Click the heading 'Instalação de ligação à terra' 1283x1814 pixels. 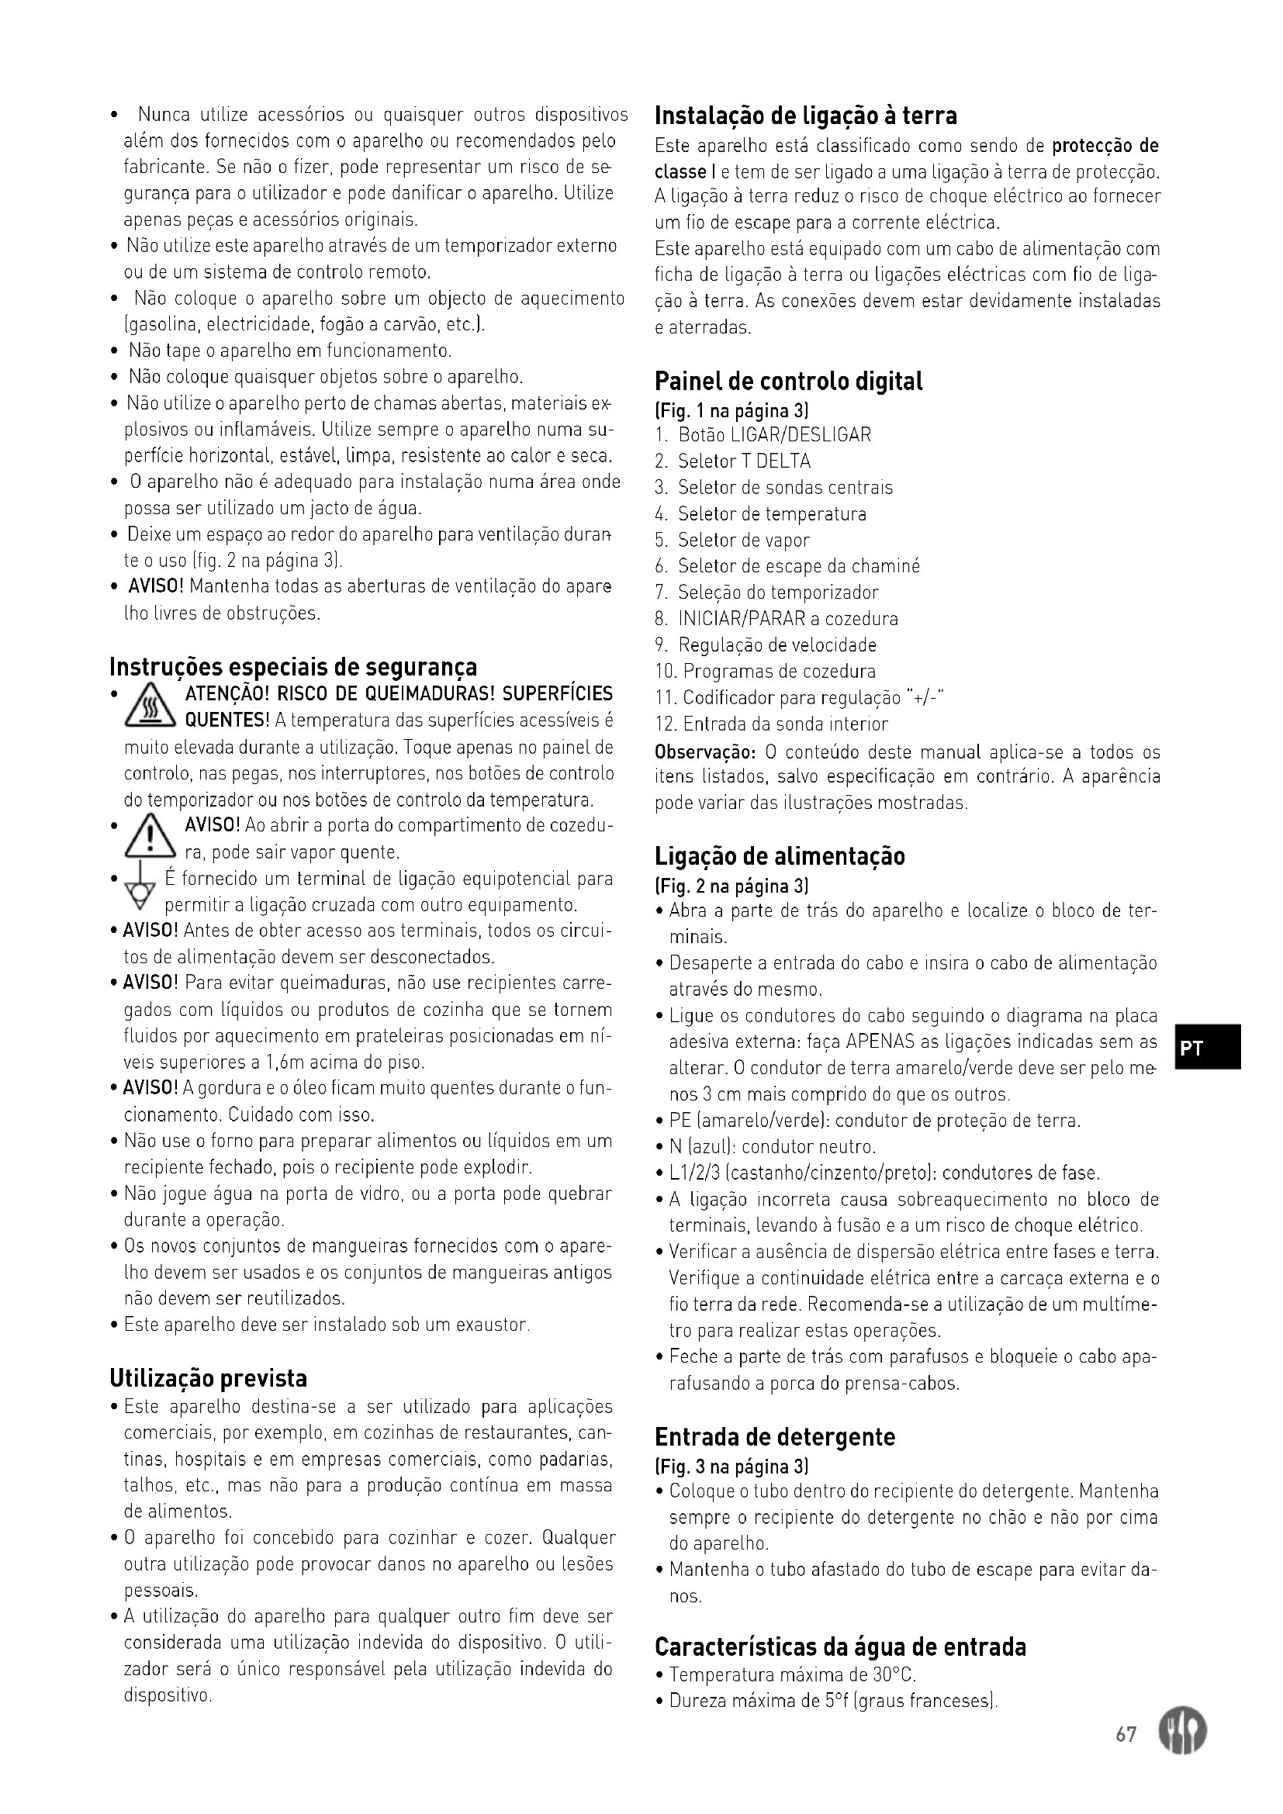(x=805, y=116)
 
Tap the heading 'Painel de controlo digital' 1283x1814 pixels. (x=787, y=382)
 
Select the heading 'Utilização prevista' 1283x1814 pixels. (x=208, y=1379)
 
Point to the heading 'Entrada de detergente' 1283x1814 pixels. (x=774, y=1437)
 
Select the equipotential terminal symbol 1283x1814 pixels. (x=142, y=891)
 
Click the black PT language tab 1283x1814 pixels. (x=1205, y=1047)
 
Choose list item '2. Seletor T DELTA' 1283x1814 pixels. (x=731, y=461)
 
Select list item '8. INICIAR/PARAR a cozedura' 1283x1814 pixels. (x=776, y=619)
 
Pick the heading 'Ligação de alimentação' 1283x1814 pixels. (x=779, y=856)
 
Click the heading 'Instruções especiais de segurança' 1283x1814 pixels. (x=293, y=668)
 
